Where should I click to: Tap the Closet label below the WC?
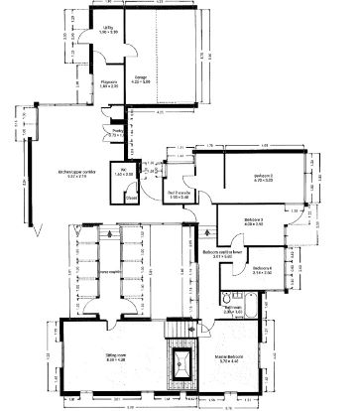click(131, 197)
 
